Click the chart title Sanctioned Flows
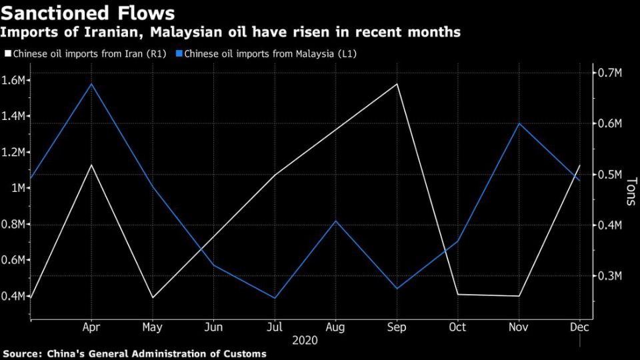(x=89, y=13)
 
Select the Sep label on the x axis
(x=397, y=328)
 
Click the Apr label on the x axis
(x=91, y=328)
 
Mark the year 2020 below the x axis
(x=305, y=340)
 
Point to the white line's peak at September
(x=397, y=84)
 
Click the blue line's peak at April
(x=91, y=83)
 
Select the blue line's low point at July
(x=275, y=298)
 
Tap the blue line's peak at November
(x=519, y=123)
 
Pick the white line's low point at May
(x=153, y=297)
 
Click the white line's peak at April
(x=91, y=164)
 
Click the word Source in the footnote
(x=21, y=353)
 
